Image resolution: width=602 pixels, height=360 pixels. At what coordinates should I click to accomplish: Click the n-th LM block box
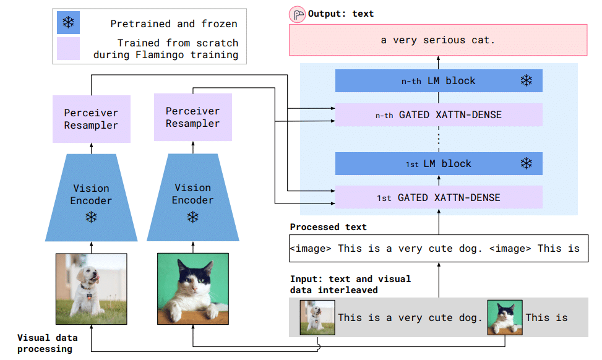438,81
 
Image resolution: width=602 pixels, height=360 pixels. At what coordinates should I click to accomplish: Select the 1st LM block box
438,164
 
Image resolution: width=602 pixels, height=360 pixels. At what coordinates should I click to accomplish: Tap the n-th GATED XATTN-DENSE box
438,115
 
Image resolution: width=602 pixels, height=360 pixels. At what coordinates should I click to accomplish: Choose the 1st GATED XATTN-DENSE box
438,198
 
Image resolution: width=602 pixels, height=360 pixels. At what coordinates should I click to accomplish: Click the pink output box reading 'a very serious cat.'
438,40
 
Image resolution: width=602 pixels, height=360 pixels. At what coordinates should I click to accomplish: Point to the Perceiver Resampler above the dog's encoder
91,119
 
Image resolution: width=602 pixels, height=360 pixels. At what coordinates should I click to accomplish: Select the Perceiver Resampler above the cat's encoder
192,118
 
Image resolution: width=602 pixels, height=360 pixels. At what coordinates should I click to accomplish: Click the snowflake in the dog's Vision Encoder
91,218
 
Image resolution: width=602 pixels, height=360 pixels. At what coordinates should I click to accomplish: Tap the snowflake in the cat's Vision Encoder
192,217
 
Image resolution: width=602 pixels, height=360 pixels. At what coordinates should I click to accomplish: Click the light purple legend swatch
68,49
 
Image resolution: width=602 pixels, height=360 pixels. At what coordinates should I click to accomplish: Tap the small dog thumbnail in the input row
317,318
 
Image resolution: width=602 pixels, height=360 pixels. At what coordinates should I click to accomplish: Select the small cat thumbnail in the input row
504,318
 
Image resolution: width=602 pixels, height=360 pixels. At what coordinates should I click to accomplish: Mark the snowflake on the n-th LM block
526,81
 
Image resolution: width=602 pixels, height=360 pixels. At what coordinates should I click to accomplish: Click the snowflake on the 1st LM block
526,164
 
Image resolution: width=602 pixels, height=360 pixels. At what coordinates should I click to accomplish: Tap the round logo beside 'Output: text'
298,14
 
